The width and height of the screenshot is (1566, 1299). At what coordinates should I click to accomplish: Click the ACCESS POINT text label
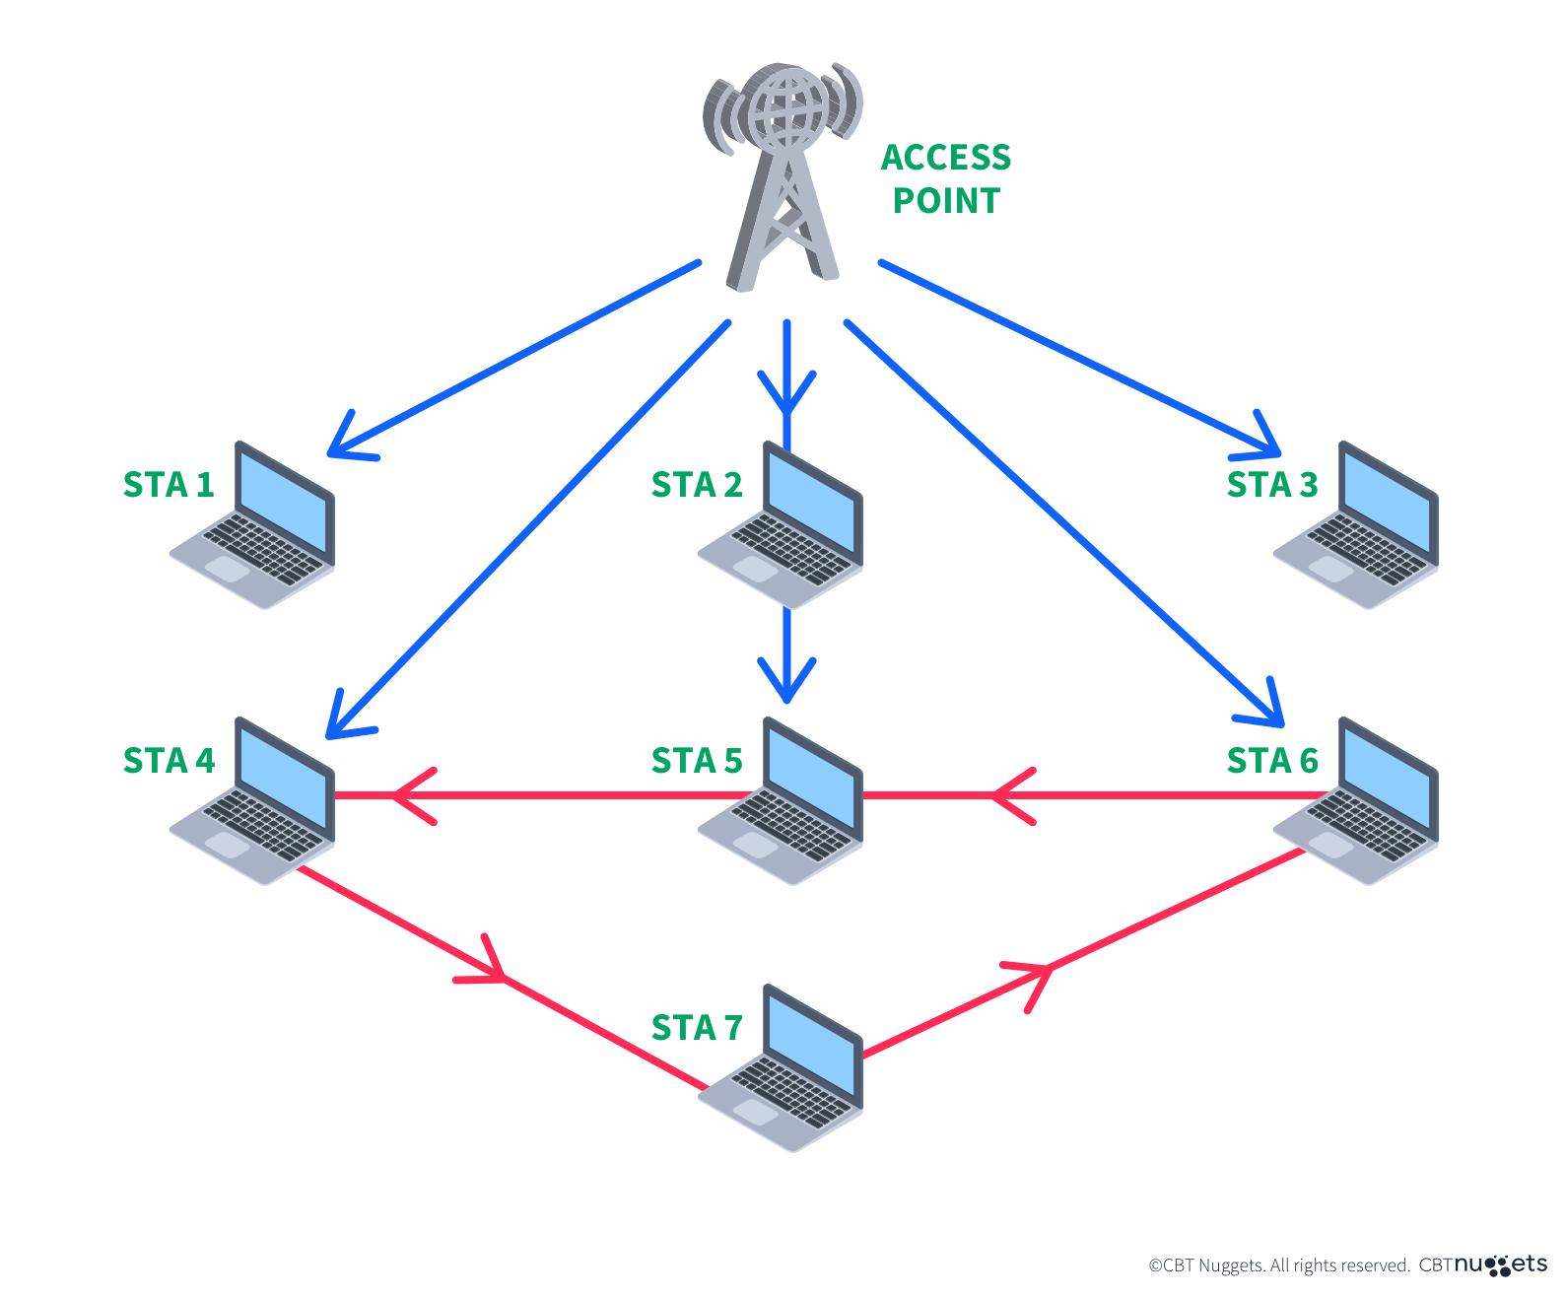[945, 178]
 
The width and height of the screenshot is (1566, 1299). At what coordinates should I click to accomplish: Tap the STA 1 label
[169, 485]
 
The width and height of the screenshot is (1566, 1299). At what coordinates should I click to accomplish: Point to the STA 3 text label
[1271, 485]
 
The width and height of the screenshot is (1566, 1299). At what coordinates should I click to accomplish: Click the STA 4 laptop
[256, 803]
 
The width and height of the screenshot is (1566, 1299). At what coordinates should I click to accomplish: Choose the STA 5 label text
[696, 761]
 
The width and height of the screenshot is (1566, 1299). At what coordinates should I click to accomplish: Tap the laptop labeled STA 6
[1360, 803]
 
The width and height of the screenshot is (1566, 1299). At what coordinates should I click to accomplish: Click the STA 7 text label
[696, 1028]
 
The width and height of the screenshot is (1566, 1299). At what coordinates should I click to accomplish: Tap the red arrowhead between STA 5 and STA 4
[409, 794]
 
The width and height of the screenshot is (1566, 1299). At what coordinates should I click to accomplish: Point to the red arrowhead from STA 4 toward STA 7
[488, 968]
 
